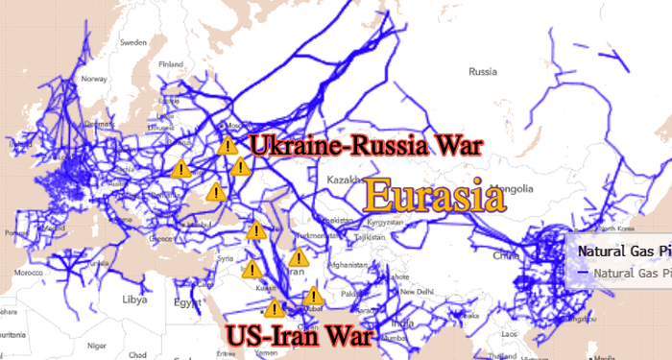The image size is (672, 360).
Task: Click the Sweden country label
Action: click(x=132, y=43)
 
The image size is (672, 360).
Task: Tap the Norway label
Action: click(x=94, y=80)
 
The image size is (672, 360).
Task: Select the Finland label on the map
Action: click(x=170, y=64)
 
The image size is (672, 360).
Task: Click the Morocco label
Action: click(x=30, y=273)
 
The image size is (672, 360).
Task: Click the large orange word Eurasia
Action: click(x=434, y=197)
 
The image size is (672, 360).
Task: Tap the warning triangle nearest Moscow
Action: click(x=228, y=146)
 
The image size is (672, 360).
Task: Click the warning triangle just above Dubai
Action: click(x=312, y=297)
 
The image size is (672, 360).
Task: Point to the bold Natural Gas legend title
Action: click(x=623, y=251)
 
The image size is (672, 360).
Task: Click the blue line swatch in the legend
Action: click(x=584, y=273)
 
